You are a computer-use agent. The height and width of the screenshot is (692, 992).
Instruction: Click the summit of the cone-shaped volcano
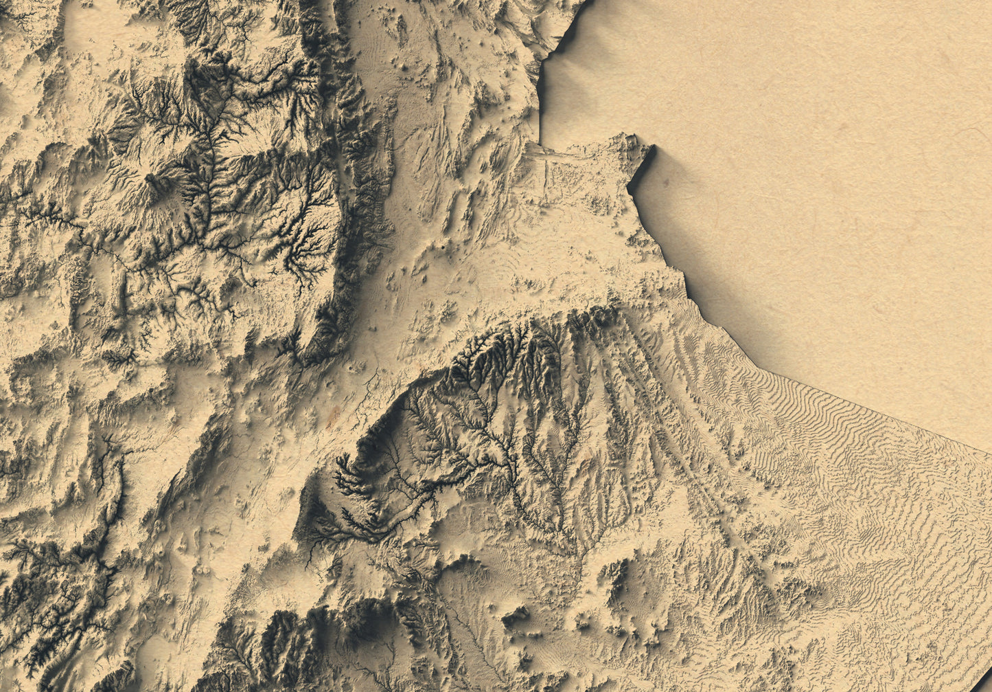[x=152, y=179]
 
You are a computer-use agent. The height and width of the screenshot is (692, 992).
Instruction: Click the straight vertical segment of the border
[x=540, y=103]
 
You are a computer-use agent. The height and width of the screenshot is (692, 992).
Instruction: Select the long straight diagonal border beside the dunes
[x=872, y=405]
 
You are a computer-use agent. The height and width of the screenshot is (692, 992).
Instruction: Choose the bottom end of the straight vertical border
[x=540, y=144]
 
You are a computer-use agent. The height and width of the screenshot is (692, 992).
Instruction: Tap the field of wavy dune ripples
[x=858, y=467]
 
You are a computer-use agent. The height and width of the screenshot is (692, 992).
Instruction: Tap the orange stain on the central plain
[x=334, y=413]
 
